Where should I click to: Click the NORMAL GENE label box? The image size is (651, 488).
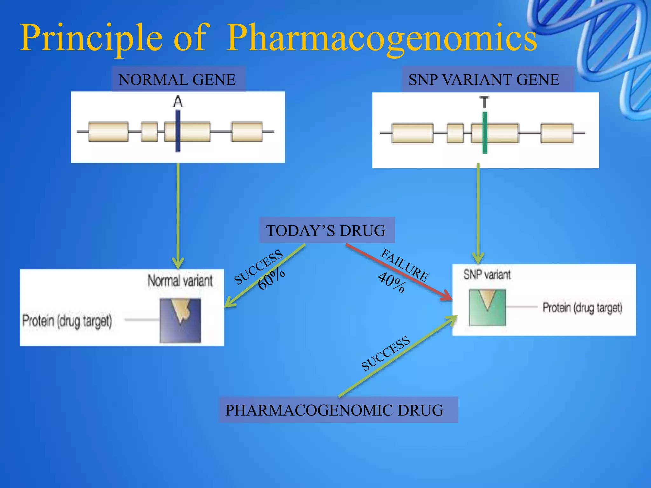(178, 79)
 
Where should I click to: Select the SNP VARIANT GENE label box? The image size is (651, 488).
(488, 79)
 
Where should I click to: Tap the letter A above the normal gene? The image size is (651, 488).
(178, 102)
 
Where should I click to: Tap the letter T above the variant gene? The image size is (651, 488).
(484, 103)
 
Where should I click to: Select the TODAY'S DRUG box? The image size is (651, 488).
(327, 230)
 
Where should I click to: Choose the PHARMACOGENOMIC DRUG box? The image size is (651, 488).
(338, 410)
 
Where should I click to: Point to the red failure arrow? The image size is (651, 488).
(397, 272)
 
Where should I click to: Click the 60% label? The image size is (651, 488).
(271, 279)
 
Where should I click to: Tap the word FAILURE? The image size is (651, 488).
(404, 265)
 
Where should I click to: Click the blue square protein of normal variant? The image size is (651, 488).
(180, 321)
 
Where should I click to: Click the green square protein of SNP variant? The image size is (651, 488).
(487, 308)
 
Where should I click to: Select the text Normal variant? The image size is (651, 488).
(180, 281)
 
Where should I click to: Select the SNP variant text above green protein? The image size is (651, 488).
(487, 274)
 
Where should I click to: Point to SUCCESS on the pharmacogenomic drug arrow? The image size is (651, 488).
(386, 353)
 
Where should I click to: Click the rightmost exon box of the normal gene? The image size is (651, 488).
(247, 131)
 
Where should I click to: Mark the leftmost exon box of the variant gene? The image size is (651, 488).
(413, 133)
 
